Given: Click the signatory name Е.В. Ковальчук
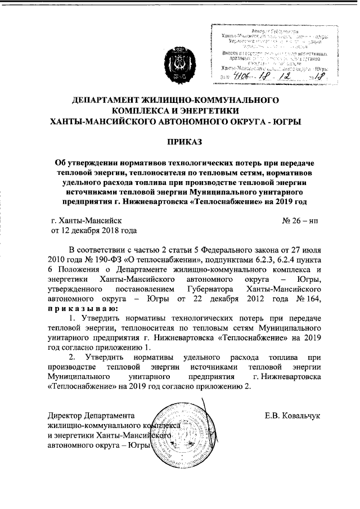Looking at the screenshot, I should pyautogui.click(x=292, y=416).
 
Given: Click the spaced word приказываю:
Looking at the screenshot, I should pyautogui.click(x=83, y=309).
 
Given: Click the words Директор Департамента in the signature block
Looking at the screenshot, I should pyautogui.click(x=89, y=416).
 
